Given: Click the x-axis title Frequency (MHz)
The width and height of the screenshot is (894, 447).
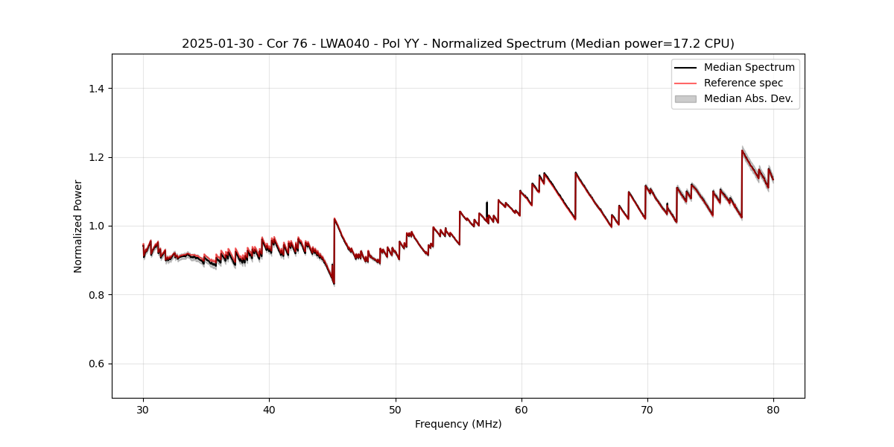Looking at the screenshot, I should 458,424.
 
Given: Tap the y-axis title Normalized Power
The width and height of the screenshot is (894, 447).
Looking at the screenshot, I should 78,226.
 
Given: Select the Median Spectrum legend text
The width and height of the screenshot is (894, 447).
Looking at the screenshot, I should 749,67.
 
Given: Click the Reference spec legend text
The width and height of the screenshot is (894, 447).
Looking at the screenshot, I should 743,83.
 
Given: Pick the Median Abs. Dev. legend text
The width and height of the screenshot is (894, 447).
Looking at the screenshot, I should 748,98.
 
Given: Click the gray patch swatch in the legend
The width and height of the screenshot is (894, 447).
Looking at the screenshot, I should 685,98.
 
